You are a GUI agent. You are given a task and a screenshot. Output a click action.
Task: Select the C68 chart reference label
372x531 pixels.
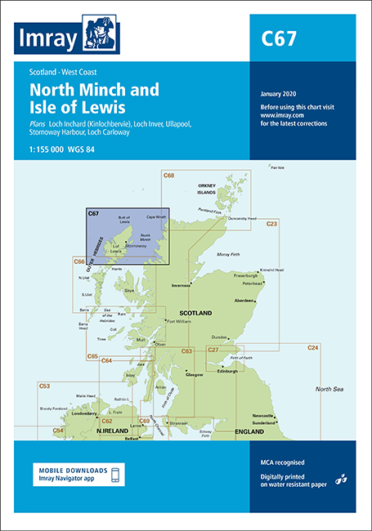pos(169,175)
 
